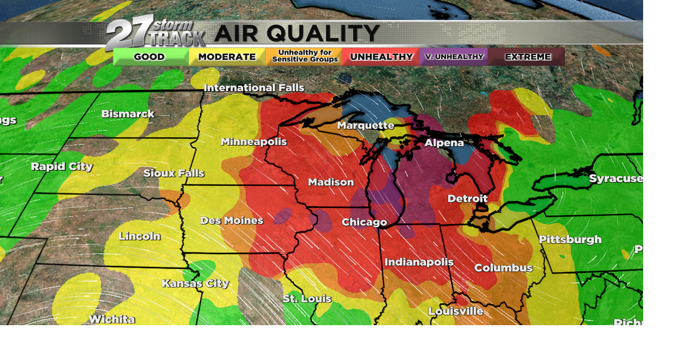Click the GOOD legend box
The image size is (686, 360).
coord(150,57)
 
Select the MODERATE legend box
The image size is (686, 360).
coord(227,57)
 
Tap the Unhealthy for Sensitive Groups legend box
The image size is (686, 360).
coord(304,56)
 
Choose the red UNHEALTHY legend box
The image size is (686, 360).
coord(381,57)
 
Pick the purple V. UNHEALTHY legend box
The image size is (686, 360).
coord(454,57)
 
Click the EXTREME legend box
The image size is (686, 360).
coord(527,57)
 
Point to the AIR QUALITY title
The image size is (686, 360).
coord(297,34)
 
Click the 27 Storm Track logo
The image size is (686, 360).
coord(155,33)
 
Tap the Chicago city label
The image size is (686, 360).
coord(364,222)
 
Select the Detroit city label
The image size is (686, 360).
coord(468,199)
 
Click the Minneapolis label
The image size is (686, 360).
coord(254,142)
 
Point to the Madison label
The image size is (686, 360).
coord(331,183)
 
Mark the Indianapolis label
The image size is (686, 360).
coord(419,262)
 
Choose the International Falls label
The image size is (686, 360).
coord(254,88)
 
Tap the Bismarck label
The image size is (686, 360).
coord(128,114)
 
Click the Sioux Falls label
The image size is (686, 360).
coord(174,174)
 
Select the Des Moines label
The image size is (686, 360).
coord(232,221)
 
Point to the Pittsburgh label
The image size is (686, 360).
coord(570,239)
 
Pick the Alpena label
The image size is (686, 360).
coord(444,143)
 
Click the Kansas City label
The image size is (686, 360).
coord(196,283)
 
